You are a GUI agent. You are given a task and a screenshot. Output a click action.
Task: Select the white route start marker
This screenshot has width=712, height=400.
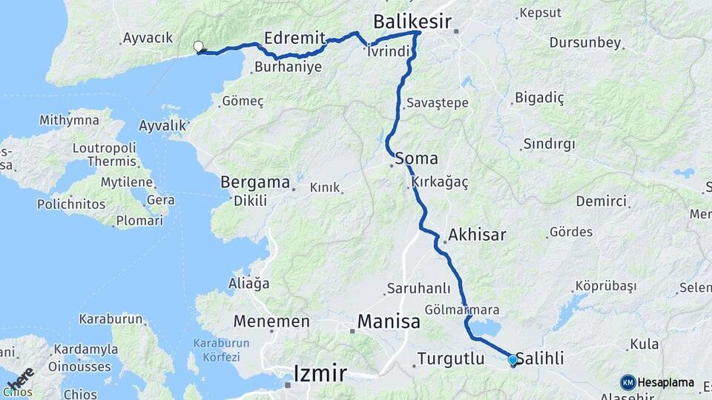(x=198, y=47)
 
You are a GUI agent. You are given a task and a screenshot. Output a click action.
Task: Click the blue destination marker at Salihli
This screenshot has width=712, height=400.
(x=512, y=360)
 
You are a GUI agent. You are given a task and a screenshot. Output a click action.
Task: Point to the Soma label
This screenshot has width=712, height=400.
(x=416, y=158)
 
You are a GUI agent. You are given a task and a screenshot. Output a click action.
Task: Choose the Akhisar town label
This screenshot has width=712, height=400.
(x=477, y=236)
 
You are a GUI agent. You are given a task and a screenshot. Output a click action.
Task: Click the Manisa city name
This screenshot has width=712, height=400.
(x=389, y=321)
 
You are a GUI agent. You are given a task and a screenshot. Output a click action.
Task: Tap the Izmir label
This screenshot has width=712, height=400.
(x=320, y=373)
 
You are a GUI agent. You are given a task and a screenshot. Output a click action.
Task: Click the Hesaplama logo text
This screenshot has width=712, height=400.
(x=665, y=383)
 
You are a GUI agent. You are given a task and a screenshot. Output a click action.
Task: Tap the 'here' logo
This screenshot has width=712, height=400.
(x=20, y=379)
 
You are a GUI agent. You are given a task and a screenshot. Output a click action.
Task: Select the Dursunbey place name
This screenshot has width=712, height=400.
(x=585, y=42)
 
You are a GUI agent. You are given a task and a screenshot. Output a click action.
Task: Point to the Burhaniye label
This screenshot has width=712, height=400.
(x=288, y=67)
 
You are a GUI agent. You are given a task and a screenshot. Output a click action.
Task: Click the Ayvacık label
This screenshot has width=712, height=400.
(x=148, y=37)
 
